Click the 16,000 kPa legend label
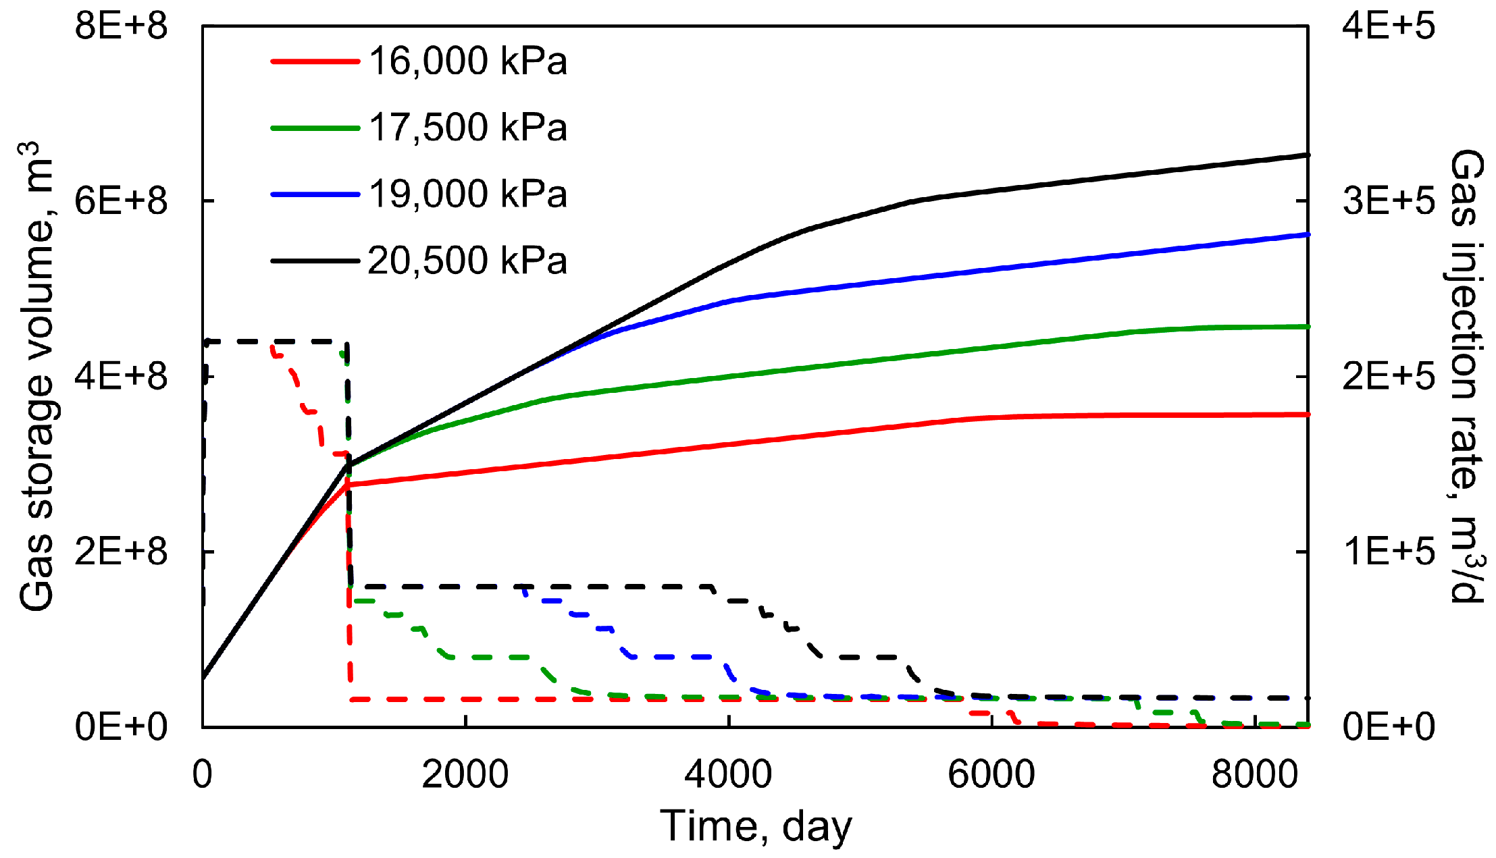tap(467, 61)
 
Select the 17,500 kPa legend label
tap(467, 127)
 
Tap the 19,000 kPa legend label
tap(467, 194)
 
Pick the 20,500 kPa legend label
tap(467, 260)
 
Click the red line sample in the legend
tap(315, 61)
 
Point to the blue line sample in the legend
tap(315, 194)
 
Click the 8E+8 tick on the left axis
tap(121, 27)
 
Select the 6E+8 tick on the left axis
tap(121, 201)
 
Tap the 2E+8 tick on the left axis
tap(121, 552)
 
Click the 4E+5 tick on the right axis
tap(1389, 27)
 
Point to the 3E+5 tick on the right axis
tap(1389, 201)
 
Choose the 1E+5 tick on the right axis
tap(1389, 552)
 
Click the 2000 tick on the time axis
tap(465, 774)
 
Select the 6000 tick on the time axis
tap(991, 774)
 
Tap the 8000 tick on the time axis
tap(1254, 774)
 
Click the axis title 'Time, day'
tap(756, 826)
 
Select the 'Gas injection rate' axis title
tap(1467, 377)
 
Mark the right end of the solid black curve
tap(1308, 155)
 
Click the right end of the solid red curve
tap(1308, 414)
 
